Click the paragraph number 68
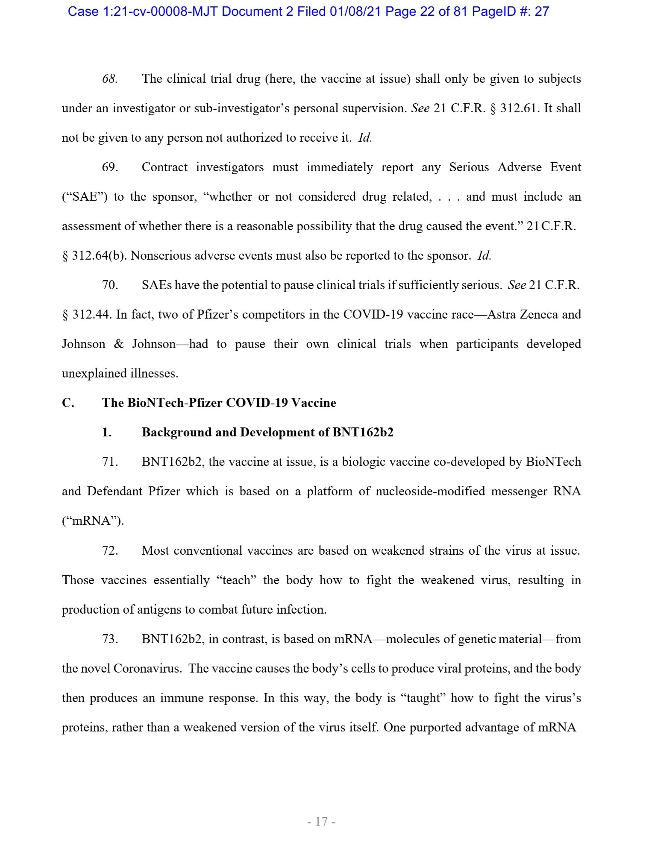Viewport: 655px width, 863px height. pyautogui.click(x=109, y=79)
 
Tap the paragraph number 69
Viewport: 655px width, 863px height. pyautogui.click(x=109, y=167)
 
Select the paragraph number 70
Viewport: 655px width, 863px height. pyautogui.click(x=109, y=285)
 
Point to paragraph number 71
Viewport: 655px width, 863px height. pyautogui.click(x=109, y=462)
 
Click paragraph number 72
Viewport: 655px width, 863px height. pyautogui.click(x=109, y=551)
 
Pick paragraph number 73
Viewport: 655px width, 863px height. pyautogui.click(x=109, y=639)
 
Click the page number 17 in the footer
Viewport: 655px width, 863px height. pyautogui.click(x=321, y=821)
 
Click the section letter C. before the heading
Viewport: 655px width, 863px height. pyautogui.click(x=68, y=403)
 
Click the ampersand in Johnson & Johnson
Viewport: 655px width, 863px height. pyautogui.click(x=118, y=344)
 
